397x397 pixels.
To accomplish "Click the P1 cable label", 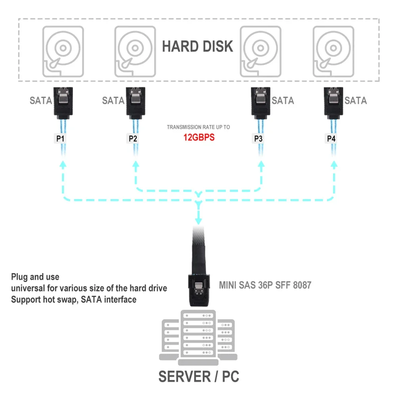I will [60, 139].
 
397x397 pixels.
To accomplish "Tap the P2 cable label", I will [133, 139].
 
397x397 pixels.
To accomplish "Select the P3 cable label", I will [259, 139].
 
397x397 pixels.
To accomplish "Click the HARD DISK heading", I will [198, 46].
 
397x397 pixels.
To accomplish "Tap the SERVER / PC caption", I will [199, 376].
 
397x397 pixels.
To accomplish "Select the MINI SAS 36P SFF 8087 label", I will [265, 285].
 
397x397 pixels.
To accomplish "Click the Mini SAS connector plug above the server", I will [199, 288].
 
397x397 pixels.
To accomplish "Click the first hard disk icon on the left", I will [63, 51].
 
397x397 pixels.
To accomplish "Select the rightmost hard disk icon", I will [333, 51].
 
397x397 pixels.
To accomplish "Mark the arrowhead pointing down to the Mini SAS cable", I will [198, 221].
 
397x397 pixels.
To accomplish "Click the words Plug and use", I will [35, 277].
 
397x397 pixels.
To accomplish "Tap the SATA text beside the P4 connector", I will [355, 101].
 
